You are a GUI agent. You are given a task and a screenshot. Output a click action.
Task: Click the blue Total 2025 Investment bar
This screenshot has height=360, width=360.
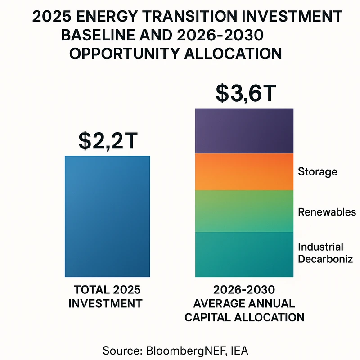click(108, 216)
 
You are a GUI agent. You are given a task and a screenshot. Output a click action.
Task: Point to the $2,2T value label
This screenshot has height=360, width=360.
click(108, 141)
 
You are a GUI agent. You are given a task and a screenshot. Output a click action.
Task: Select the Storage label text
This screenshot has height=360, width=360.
click(317, 172)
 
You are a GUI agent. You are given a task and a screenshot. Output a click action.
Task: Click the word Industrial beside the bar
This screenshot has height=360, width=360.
click(320, 247)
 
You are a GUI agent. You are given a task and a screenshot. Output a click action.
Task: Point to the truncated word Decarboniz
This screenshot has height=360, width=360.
click(324, 259)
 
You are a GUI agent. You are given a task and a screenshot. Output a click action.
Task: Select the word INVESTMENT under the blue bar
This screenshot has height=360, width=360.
click(105, 303)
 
